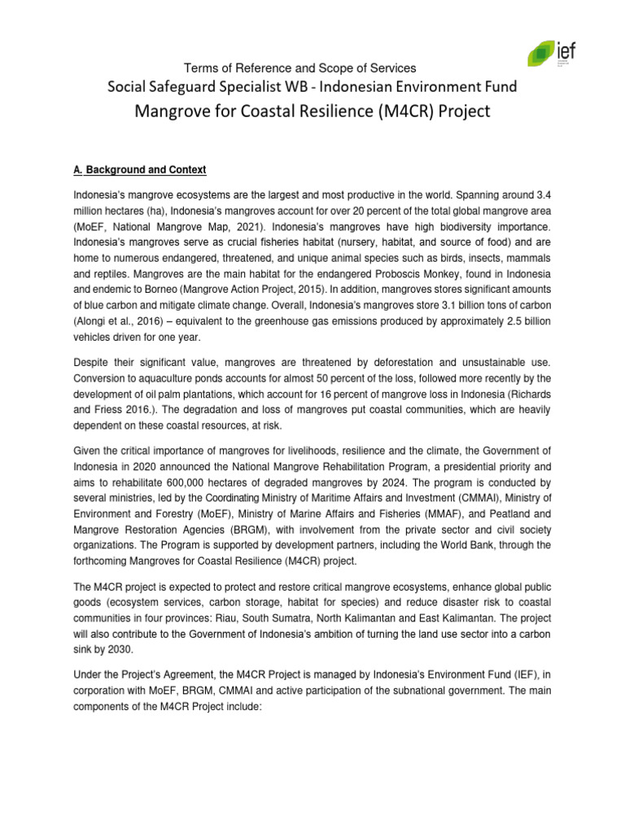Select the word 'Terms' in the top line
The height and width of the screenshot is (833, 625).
pos(202,68)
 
